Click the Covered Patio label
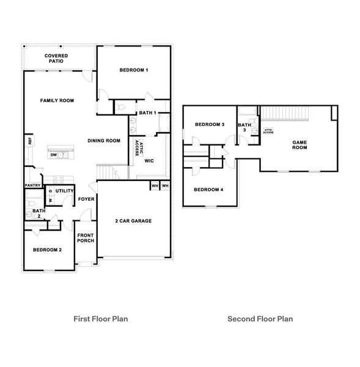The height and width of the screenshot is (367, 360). [x=56, y=59]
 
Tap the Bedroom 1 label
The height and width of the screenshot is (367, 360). [x=134, y=70]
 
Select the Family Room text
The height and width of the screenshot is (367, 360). [x=57, y=100]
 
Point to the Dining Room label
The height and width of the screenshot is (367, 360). [x=104, y=141]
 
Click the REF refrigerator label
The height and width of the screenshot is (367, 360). [x=29, y=141]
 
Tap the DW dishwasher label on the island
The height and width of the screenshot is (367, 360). [x=54, y=155]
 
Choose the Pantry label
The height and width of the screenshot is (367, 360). [x=32, y=185]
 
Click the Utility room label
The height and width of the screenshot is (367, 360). [x=65, y=191]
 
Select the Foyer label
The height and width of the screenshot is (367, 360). [x=86, y=199]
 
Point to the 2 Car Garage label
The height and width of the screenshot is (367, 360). [x=133, y=221]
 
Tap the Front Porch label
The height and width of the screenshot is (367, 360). [x=85, y=239]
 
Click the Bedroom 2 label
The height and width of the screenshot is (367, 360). [x=47, y=250]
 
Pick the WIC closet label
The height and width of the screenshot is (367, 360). [x=149, y=161]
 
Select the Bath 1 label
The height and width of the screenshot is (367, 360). [x=147, y=113]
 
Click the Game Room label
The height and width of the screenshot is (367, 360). [x=299, y=144]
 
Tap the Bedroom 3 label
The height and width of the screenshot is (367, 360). [x=210, y=125]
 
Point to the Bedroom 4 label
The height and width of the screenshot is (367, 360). [x=208, y=190]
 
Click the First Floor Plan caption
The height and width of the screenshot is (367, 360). [x=101, y=319]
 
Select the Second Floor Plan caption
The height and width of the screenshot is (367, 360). [x=260, y=319]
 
